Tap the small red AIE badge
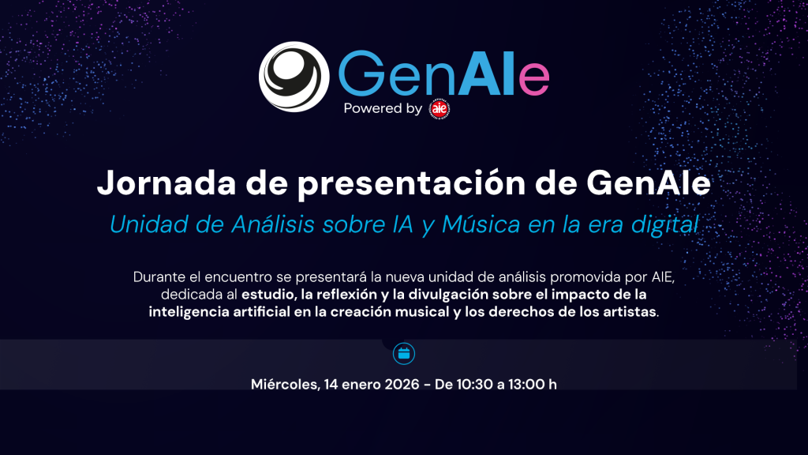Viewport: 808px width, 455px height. (440, 109)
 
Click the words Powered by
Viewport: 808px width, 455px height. (383, 109)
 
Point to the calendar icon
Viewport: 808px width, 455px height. (403, 353)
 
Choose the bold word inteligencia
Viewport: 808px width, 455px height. (188, 311)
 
